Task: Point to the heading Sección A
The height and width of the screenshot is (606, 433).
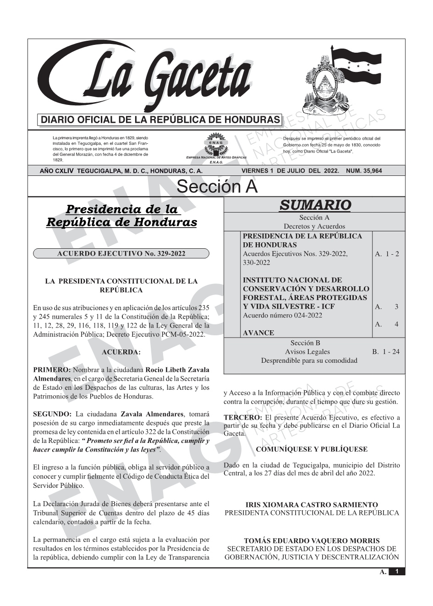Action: (217, 187)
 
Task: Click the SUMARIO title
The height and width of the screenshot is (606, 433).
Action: (315, 205)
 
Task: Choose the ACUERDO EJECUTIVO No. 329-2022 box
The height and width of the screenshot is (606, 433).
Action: (121, 254)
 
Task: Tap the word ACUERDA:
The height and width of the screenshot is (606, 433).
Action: (121, 352)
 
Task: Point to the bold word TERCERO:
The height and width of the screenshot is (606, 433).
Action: (243, 417)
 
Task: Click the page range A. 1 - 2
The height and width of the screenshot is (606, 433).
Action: (387, 254)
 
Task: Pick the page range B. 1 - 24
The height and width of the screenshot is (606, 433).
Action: (386, 352)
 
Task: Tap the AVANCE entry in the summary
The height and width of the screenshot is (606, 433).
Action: (258, 333)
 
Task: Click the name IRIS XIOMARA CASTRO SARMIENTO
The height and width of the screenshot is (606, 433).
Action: (312, 505)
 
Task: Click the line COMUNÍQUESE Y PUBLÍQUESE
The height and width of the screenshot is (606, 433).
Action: (312, 449)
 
